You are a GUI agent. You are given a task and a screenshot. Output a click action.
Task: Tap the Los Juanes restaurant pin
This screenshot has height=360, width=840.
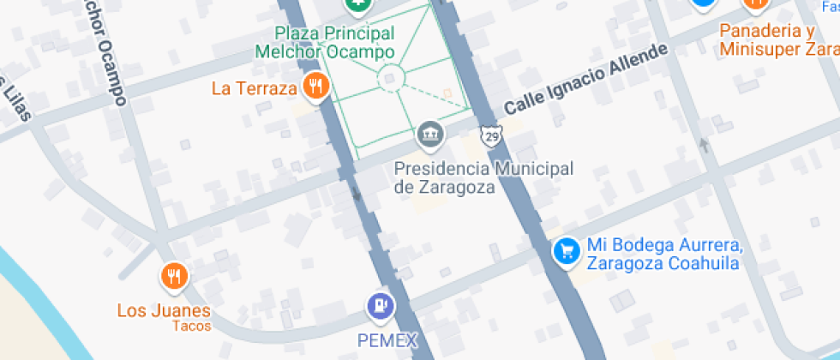175,275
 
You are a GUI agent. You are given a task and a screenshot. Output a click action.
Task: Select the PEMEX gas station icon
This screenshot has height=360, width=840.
381,306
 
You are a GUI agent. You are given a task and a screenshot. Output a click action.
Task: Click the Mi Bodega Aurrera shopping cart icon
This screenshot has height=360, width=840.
566,251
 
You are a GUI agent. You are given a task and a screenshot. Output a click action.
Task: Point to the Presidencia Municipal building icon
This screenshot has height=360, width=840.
430,135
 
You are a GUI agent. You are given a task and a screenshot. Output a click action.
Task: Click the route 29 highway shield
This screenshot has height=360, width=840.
490,135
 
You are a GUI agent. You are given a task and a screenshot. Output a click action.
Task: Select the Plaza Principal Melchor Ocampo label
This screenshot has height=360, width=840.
326,43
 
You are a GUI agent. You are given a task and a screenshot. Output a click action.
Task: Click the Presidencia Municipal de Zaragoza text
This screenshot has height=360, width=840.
483,177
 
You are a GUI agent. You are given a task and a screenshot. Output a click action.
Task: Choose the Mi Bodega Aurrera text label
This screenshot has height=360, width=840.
663,255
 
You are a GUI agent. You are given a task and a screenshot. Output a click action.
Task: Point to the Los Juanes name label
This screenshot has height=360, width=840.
164,310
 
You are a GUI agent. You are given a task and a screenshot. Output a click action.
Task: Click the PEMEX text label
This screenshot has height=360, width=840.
387,340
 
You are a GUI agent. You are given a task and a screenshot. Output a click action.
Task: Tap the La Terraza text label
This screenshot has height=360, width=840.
254,87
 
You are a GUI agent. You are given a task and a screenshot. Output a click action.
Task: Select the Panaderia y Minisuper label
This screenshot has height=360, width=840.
778,40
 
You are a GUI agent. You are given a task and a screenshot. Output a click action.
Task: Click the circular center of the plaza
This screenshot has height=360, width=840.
390,79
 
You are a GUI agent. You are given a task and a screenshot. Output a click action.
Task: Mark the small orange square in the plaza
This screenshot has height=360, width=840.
446,92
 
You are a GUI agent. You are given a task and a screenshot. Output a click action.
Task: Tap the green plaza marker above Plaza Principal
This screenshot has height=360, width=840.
359,5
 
